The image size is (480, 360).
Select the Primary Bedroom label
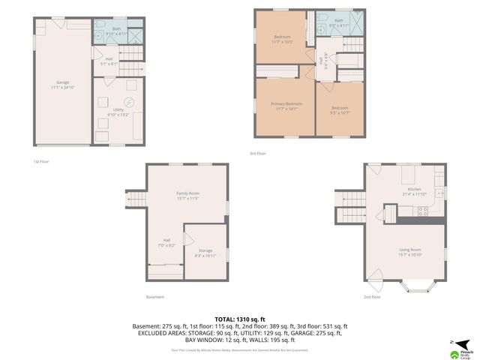pos(287,106)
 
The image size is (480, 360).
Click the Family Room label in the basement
pos(186,196)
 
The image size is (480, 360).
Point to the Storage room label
pos(205,253)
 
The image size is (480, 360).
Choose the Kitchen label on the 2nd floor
pos(414,191)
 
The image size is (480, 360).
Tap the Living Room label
pos(409,251)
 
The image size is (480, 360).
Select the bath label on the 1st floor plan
pos(109,31)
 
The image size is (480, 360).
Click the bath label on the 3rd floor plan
pos(338,22)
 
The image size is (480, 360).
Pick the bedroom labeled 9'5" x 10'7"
pos(340,109)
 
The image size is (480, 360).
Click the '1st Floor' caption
pos(41,161)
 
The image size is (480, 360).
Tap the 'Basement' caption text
pos(155,297)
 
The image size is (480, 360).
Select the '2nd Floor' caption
pos(372,297)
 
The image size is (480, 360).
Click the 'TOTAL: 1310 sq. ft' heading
pos(240,319)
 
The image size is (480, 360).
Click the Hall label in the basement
pos(167,242)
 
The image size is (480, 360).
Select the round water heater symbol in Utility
pos(129,102)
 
